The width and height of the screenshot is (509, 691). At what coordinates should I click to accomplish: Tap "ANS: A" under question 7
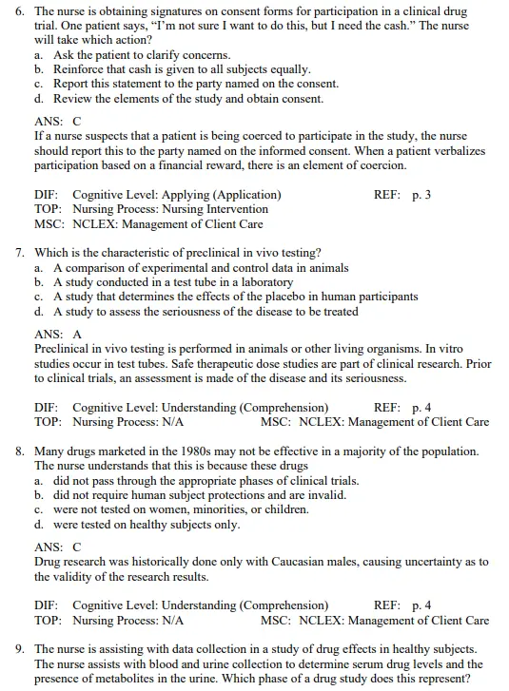pyautogui.click(x=57, y=335)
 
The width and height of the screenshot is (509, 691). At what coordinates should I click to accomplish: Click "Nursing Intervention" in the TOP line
pyautogui.click(x=214, y=209)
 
